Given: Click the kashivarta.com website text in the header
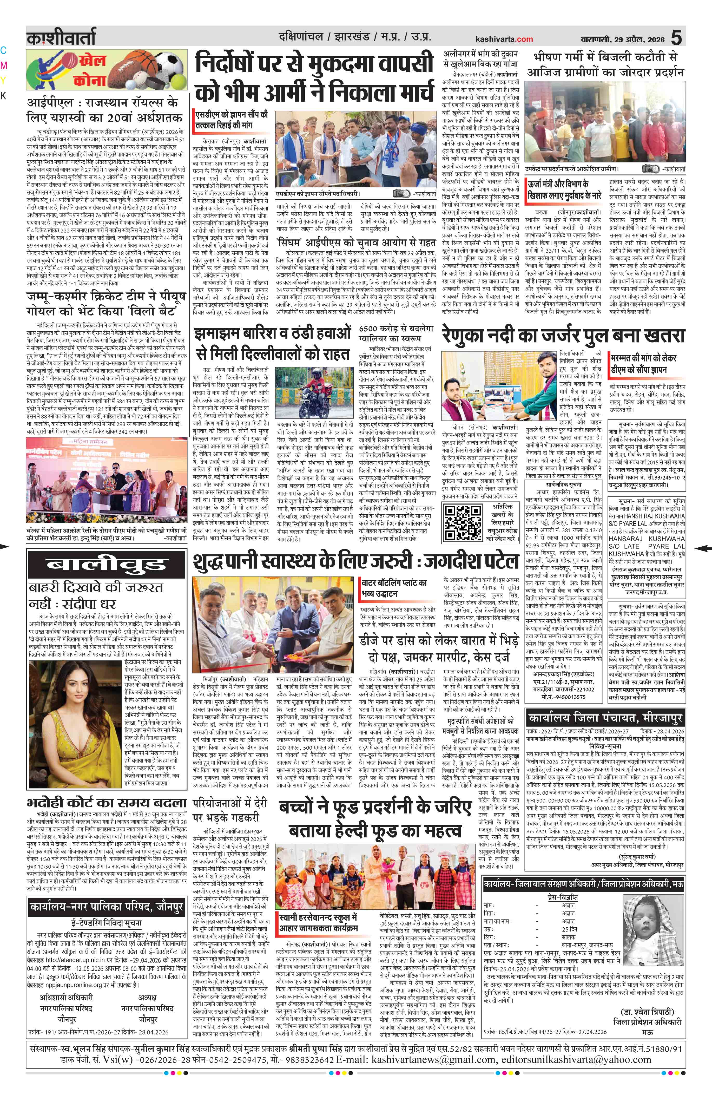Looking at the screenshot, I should point(504,39).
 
